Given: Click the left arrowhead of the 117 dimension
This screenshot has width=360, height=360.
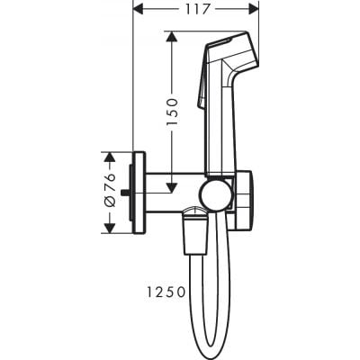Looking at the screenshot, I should tap(138, 10).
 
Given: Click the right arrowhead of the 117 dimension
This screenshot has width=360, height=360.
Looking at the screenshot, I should tap(255, 10).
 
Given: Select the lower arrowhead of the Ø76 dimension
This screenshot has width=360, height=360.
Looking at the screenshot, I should tap(110, 227).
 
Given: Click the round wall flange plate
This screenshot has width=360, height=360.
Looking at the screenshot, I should tap(139, 192).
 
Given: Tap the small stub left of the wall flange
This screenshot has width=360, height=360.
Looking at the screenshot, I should tap(128, 192).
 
